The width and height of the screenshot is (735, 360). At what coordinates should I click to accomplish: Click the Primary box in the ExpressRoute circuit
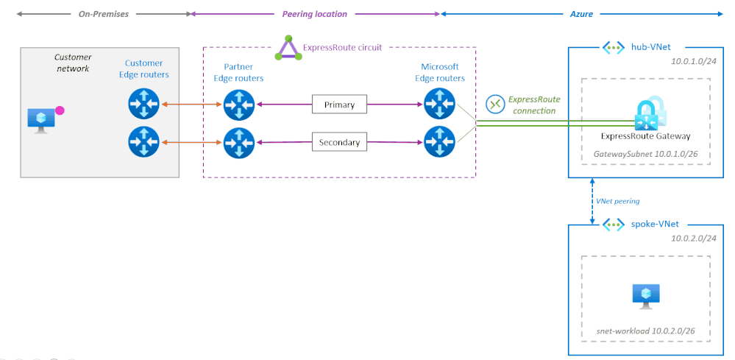tap(339, 105)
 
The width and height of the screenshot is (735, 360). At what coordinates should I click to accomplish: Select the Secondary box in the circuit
tap(339, 142)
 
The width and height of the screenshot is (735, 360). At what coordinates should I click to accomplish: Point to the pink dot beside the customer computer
tap(60, 110)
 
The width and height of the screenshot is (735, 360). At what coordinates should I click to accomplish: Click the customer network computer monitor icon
tap(40, 119)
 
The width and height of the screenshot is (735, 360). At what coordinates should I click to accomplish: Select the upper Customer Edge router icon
tap(143, 104)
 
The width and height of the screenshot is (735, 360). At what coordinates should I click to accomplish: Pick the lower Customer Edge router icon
tap(143, 141)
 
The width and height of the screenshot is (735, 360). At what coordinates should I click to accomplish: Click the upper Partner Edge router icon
tap(238, 104)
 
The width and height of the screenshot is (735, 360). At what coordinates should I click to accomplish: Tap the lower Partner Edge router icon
tap(238, 141)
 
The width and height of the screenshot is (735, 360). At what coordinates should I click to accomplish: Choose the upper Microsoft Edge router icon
tap(440, 104)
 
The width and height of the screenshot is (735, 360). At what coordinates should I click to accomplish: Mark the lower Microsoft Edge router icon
tap(440, 141)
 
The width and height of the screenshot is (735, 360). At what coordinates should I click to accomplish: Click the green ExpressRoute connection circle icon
tap(495, 104)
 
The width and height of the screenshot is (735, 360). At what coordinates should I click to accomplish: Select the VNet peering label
tap(617, 200)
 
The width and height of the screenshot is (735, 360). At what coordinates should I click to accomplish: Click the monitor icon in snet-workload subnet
tap(646, 297)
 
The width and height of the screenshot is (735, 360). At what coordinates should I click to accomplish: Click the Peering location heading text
tap(314, 14)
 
